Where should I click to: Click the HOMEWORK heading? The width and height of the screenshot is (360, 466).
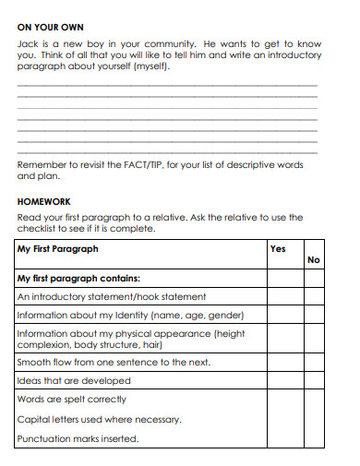click(x=44, y=200)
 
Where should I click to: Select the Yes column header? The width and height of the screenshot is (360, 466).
click(x=279, y=249)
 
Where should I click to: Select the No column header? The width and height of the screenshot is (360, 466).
click(x=314, y=260)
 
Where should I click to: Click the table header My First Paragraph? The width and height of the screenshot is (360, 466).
click(x=58, y=249)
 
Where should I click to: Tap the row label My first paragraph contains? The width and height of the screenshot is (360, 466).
click(x=78, y=278)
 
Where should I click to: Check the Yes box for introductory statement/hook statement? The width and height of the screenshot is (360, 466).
click(x=284, y=298)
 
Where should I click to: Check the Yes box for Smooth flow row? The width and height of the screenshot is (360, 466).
click(x=284, y=363)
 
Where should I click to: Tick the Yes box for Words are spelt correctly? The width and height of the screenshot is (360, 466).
click(x=284, y=400)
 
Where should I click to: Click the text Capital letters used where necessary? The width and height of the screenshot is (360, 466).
click(x=100, y=419)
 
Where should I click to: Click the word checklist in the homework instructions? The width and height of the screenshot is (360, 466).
click(x=40, y=229)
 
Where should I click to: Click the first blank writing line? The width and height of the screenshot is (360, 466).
click(x=167, y=86)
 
